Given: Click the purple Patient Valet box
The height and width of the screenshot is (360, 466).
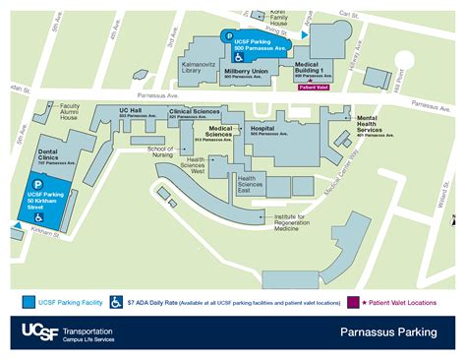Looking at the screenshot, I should [315, 87].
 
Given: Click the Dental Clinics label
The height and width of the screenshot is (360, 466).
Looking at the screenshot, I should [54, 154].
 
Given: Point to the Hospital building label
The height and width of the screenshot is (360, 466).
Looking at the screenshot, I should [262, 129].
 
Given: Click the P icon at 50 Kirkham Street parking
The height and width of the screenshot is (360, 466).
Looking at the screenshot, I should [38, 183].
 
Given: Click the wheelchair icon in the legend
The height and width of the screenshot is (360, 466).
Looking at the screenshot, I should [116, 301].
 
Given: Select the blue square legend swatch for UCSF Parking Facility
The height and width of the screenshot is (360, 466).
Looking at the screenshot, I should [29, 301].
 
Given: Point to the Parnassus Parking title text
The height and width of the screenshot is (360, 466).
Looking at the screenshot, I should [388, 333].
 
